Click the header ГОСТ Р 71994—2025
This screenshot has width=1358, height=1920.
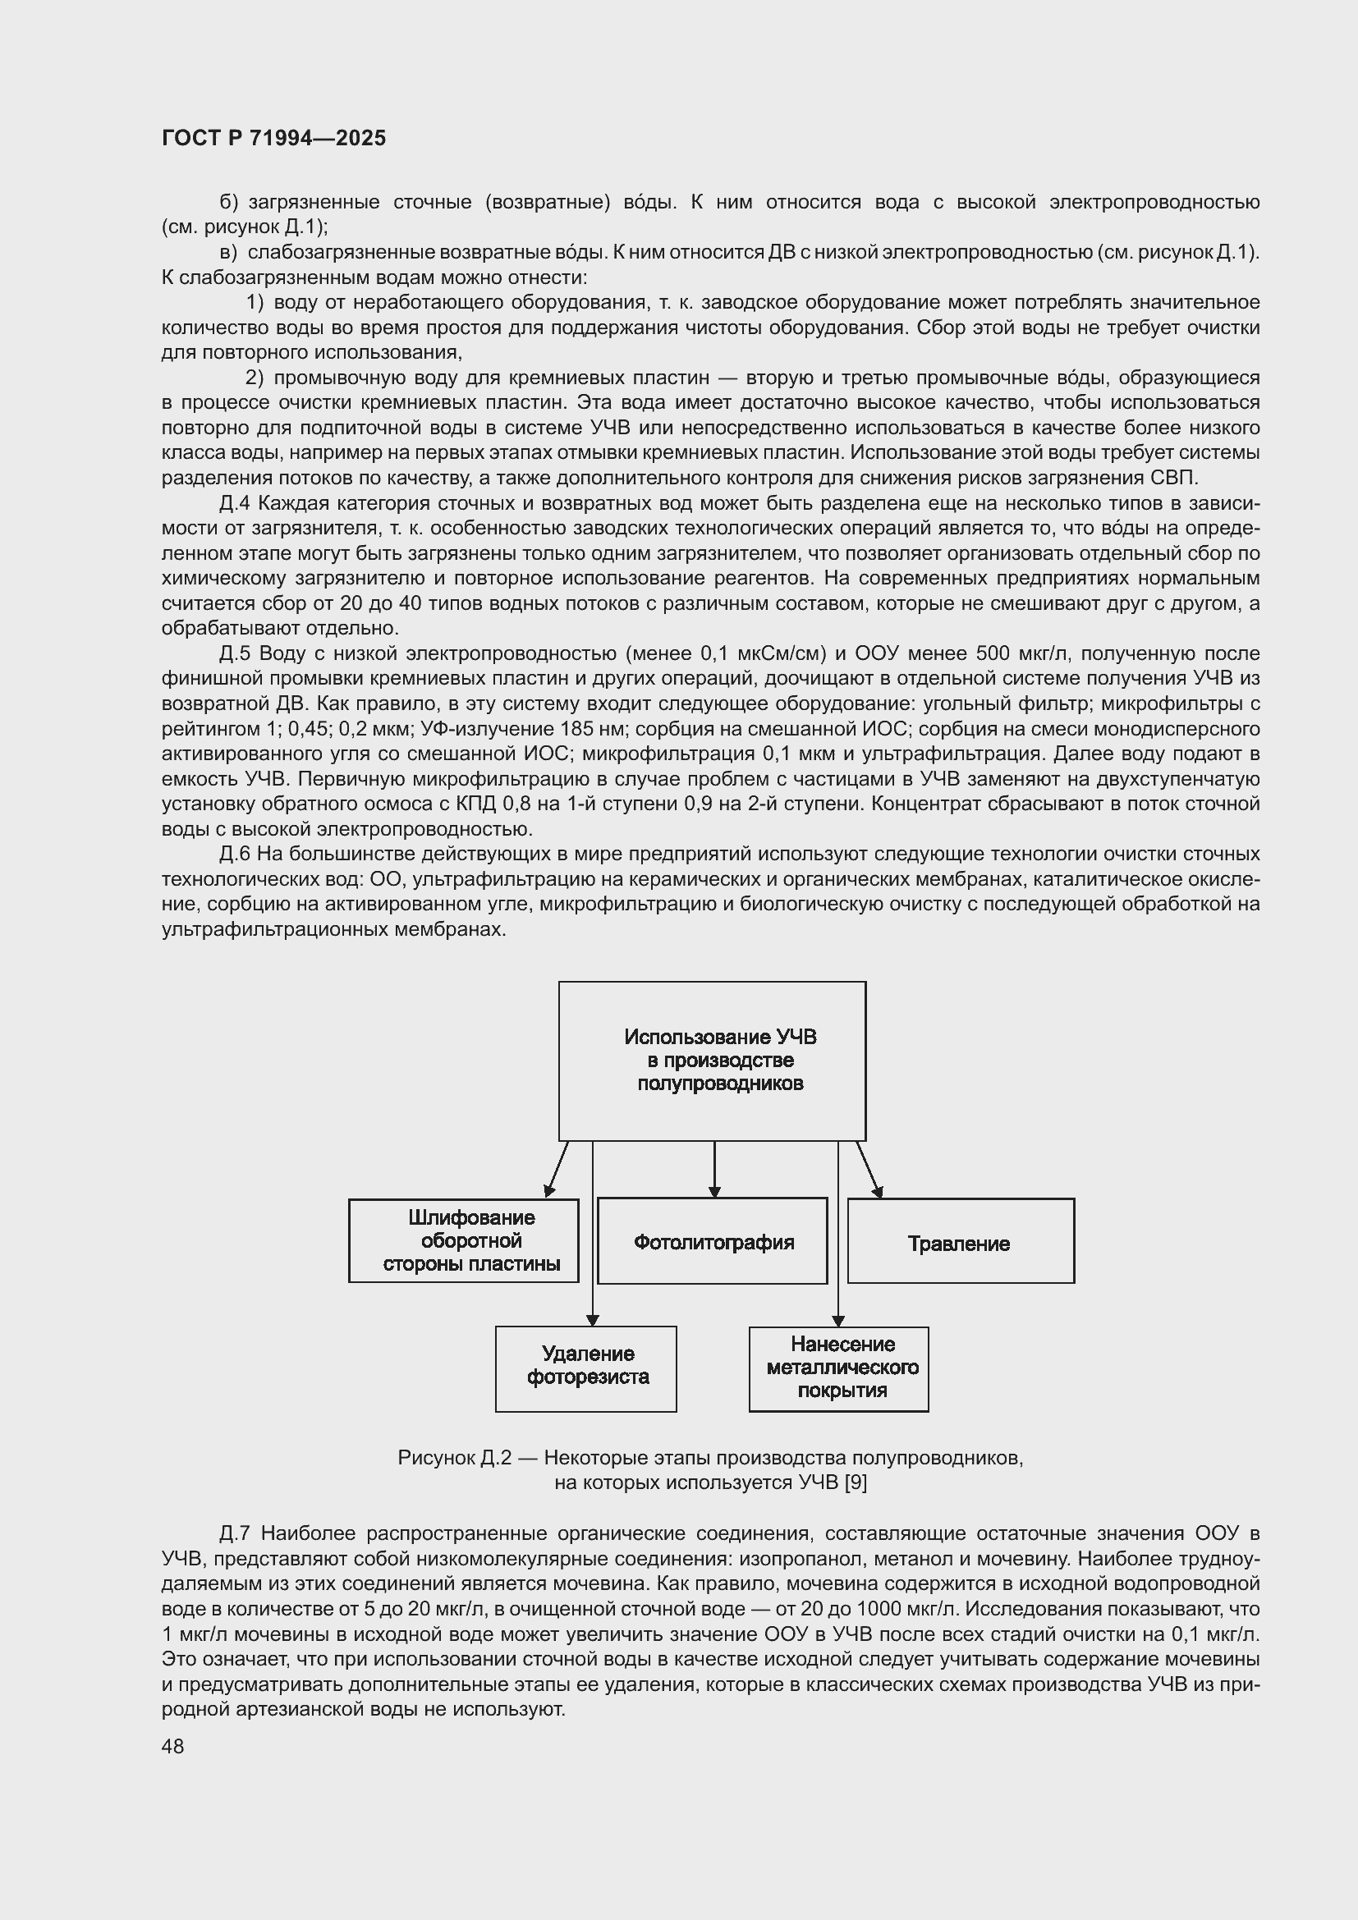pyautogui.click(x=273, y=138)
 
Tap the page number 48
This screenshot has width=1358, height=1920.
pyautogui.click(x=172, y=1746)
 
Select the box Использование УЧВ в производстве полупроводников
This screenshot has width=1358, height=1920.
pyautogui.click(x=712, y=1061)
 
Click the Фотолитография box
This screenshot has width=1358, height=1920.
pyautogui.click(x=713, y=1242)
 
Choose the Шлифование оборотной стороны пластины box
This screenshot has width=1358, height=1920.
pyautogui.click(x=464, y=1241)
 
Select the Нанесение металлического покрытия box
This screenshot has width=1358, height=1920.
pyautogui.click(x=839, y=1368)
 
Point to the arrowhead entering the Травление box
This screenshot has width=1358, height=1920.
pyautogui.click(x=877, y=1191)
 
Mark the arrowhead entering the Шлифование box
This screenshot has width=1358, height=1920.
pyautogui.click(x=550, y=1190)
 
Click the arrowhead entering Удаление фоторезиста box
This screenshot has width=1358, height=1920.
pyautogui.click(x=593, y=1320)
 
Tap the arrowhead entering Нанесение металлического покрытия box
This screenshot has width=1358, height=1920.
pyautogui.click(x=839, y=1321)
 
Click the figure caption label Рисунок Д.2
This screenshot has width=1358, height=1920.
pyautogui.click(x=454, y=1459)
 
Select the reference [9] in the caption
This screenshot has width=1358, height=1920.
pyautogui.click(x=855, y=1483)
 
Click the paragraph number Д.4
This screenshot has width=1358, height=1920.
pyautogui.click(x=235, y=503)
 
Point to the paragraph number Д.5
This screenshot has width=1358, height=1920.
pyautogui.click(x=235, y=654)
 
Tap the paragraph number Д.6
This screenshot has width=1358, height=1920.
pyautogui.click(x=235, y=854)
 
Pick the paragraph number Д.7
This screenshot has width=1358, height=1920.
pyautogui.click(x=235, y=1533)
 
